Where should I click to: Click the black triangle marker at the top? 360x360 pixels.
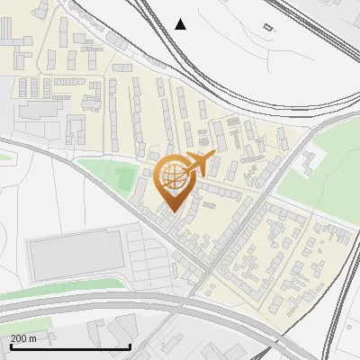[180, 23]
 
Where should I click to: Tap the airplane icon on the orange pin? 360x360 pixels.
[199, 165]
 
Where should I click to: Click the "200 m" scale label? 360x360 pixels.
[24, 337]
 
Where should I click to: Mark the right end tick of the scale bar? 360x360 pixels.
[130, 346]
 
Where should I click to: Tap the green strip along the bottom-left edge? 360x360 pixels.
[54, 291]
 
